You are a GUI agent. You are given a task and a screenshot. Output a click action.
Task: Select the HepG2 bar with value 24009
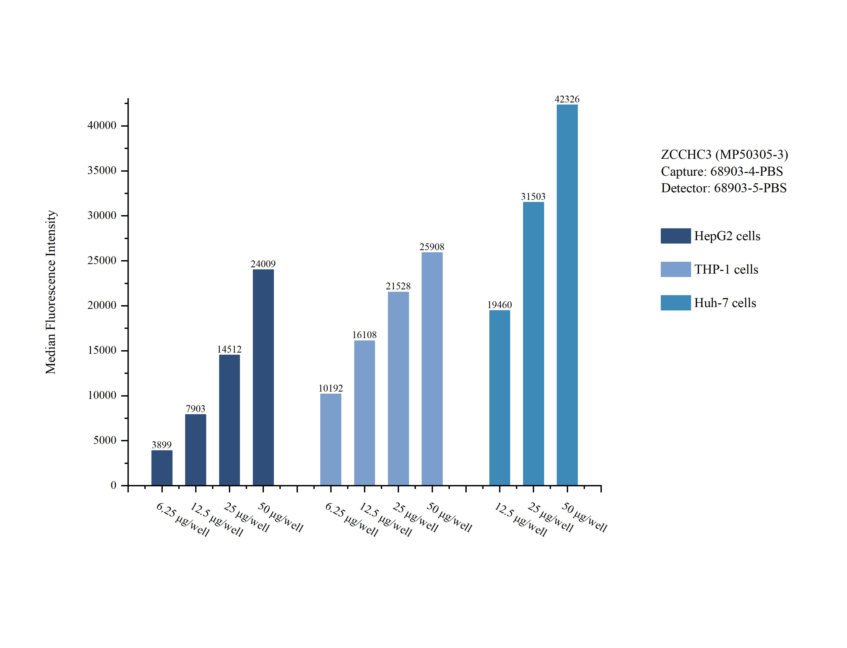click(263, 377)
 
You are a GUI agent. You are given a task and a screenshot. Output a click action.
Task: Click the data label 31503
click(533, 197)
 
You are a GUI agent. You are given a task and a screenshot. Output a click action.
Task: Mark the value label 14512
click(229, 349)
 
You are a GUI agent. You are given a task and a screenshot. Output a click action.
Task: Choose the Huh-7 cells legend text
click(725, 303)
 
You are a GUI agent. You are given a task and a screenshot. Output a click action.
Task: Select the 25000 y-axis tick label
click(102, 261)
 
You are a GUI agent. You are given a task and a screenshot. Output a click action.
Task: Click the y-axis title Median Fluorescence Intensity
click(51, 292)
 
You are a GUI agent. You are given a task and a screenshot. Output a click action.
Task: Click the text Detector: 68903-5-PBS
click(723, 188)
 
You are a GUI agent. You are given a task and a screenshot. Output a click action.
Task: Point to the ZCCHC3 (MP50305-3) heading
click(724, 155)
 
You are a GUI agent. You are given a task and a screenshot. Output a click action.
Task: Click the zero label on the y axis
click(114, 485)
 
